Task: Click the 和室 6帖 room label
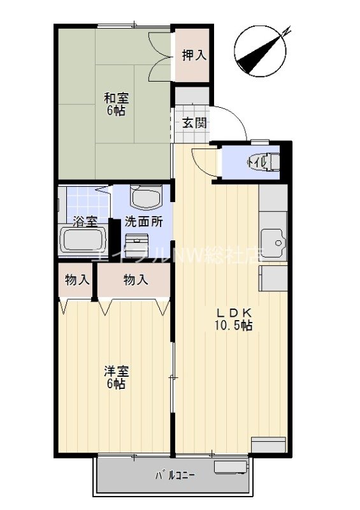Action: click(x=116, y=104)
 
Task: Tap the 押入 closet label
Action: click(x=194, y=55)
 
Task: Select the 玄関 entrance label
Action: click(x=194, y=123)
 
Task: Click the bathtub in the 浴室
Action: click(x=83, y=241)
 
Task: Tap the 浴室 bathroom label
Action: click(x=85, y=222)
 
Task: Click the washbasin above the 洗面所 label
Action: click(x=146, y=197)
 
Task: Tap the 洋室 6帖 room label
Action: click(x=115, y=377)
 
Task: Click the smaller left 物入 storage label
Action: click(x=77, y=279)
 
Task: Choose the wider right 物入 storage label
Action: click(x=135, y=279)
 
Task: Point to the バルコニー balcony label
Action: click(x=175, y=476)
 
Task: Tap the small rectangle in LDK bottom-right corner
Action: click(x=270, y=444)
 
